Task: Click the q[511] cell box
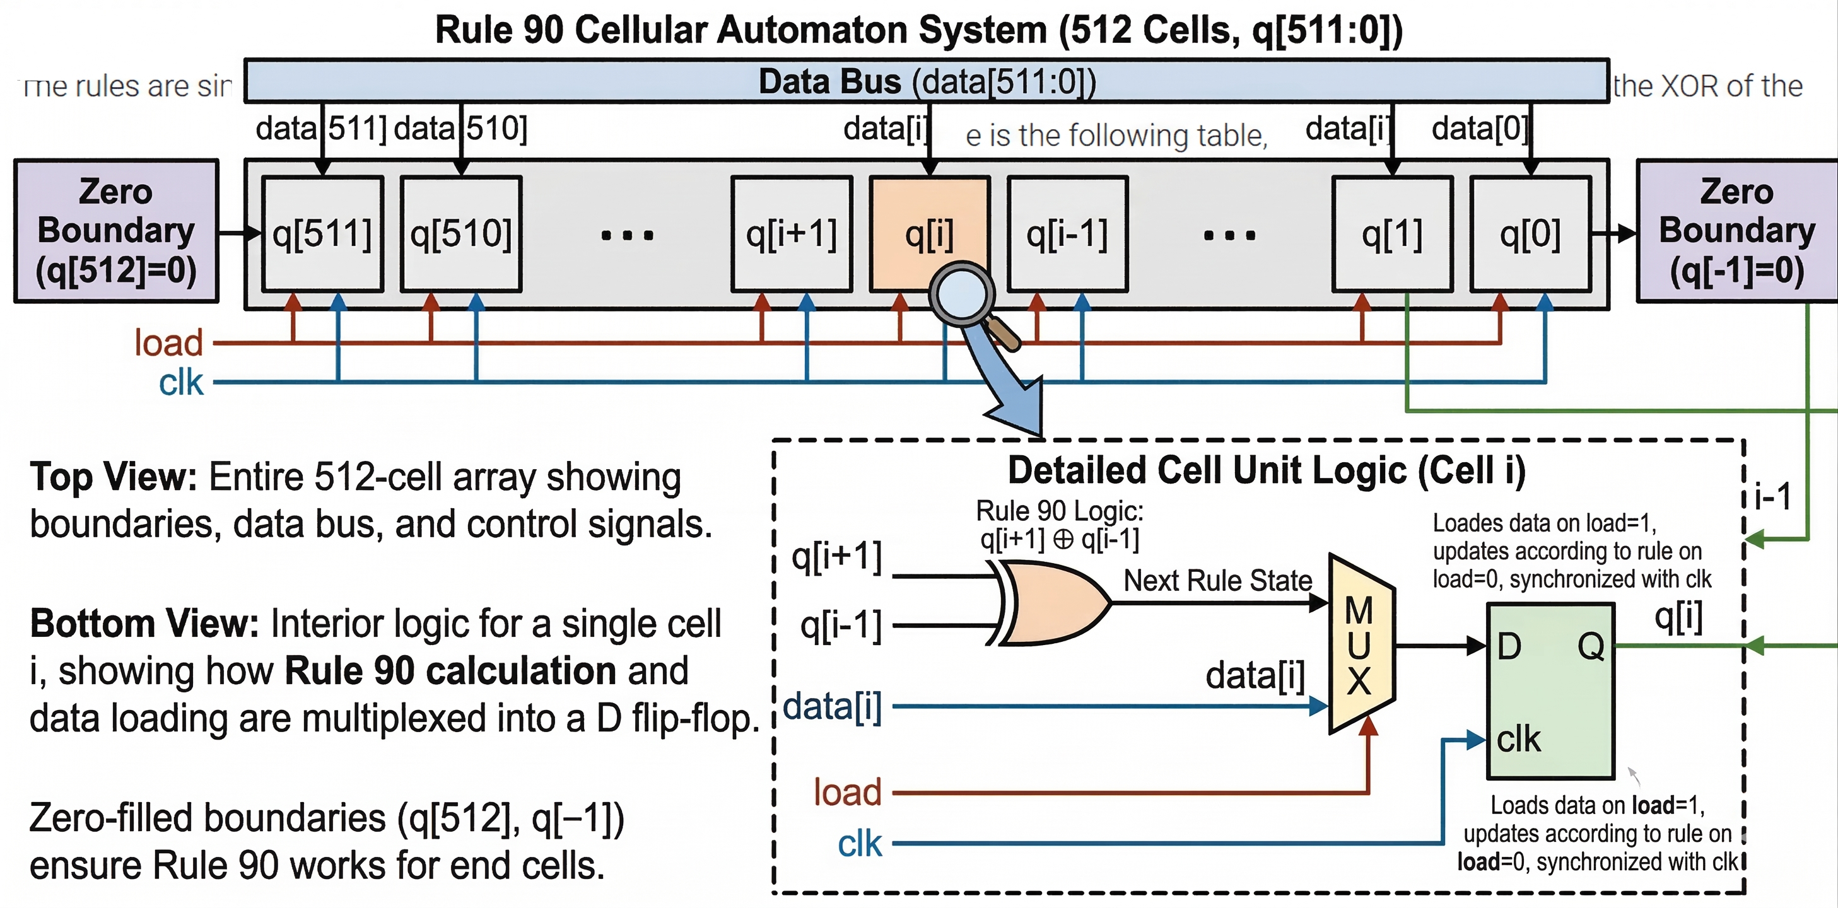[322, 234]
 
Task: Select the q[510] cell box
[461, 234]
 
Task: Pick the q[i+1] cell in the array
[792, 234]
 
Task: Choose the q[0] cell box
[1530, 234]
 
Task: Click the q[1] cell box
[1392, 234]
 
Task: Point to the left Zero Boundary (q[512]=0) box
[116, 231]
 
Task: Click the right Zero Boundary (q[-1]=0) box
[1736, 231]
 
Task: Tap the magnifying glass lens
[961, 293]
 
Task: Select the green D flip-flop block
[1550, 690]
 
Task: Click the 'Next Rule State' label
[1217, 580]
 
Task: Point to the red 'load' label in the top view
[169, 343]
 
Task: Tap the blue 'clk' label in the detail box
[860, 844]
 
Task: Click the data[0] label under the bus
[1479, 129]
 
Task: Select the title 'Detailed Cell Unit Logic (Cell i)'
[1267, 471]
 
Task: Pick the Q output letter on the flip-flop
[1590, 646]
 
